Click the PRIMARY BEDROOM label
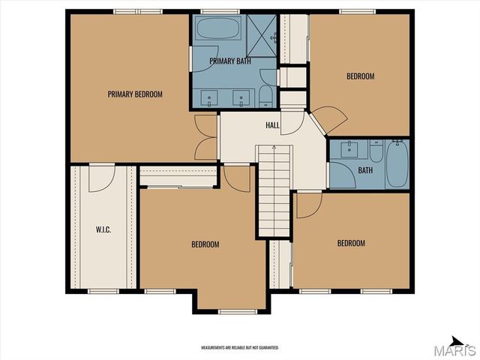coord(135,94)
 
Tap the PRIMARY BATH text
coord(230,61)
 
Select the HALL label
coord(272,125)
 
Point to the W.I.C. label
coord(103,229)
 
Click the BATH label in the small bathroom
coord(365,170)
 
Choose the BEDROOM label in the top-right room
coord(360,76)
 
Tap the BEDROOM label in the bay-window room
coord(205,244)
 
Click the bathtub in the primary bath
coord(217,30)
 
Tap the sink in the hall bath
coord(349,149)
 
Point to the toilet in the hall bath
coord(376,150)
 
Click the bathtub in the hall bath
coord(397,164)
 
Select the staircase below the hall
coord(274,191)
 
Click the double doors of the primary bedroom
coord(205,137)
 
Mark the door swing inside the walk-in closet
coord(101,178)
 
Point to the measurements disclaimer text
coord(240,348)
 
